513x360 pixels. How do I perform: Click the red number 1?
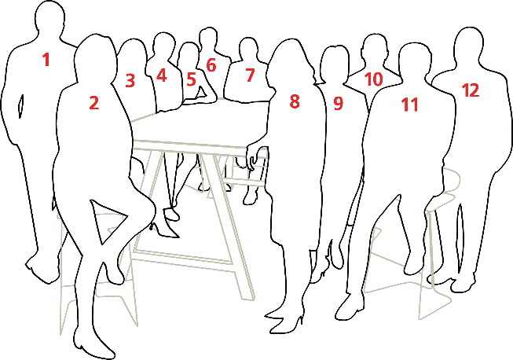coord(46,59)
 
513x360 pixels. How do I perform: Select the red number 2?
coord(94,102)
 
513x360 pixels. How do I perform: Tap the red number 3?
coord(130,79)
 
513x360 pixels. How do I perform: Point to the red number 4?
coord(161,75)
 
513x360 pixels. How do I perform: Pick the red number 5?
coord(191,79)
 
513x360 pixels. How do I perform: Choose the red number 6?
coord(211,64)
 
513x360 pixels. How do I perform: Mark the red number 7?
coord(250,75)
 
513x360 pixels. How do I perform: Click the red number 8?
coord(295,101)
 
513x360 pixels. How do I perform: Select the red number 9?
coord(339,103)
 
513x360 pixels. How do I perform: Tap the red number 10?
coord(373,79)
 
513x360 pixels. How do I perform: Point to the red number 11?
coord(409,105)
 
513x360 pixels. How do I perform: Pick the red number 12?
coord(470,90)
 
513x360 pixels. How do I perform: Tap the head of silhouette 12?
coord(469,47)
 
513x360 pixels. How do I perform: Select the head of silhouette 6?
coord(208,39)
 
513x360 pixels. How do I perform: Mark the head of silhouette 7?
coord(249,51)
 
